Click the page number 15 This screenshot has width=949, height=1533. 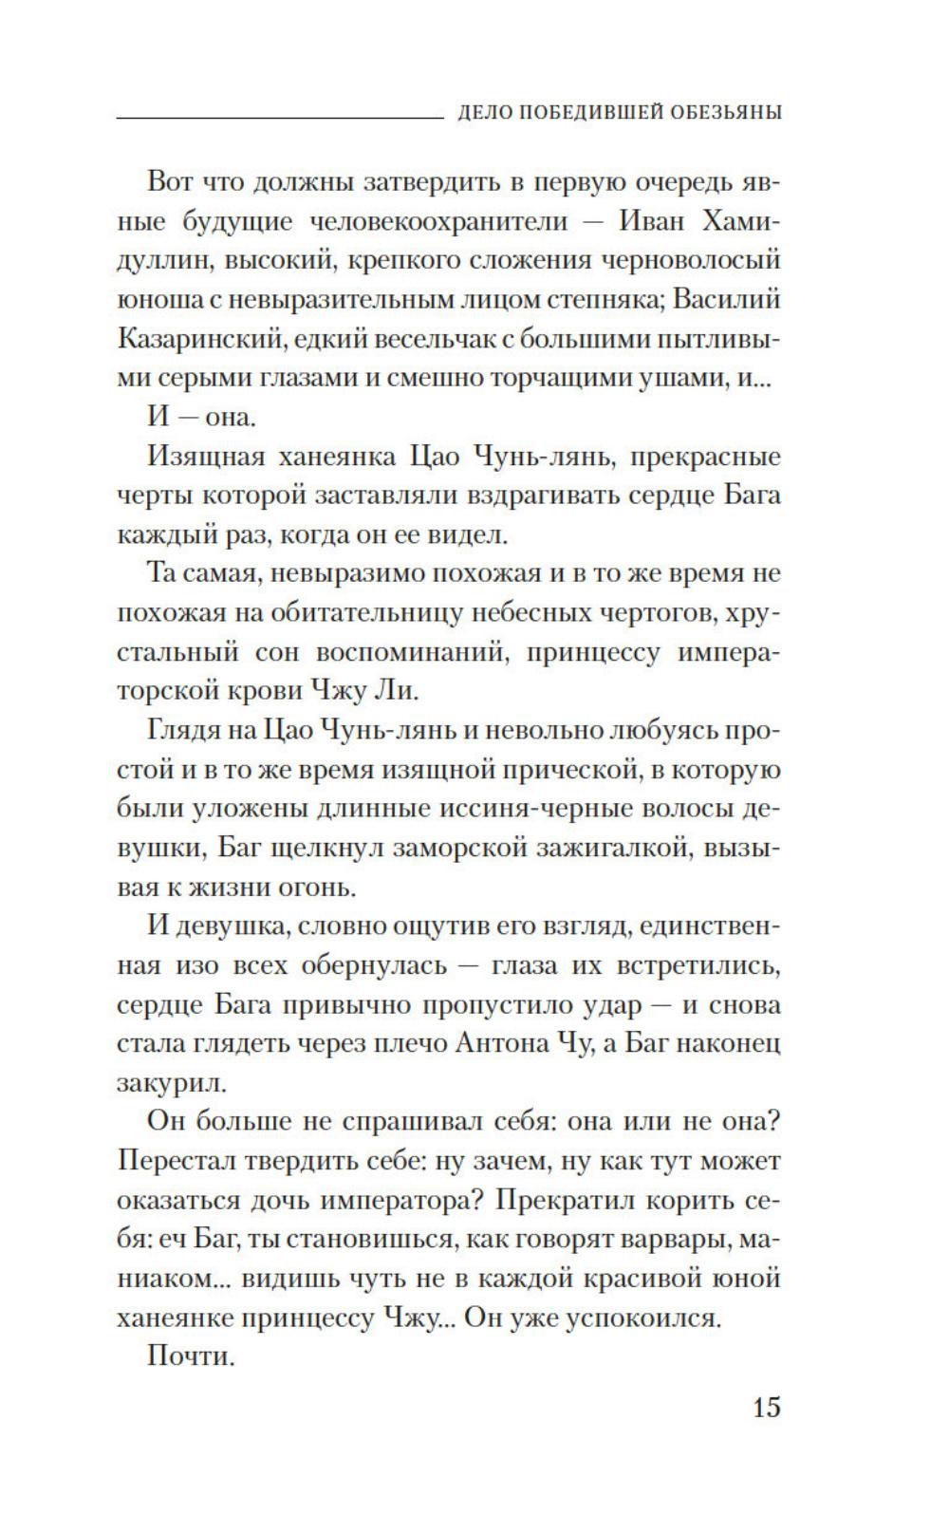coord(766,1406)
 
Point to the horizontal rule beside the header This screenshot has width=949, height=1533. coord(279,117)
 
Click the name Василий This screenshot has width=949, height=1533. coord(732,299)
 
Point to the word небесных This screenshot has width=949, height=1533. coord(497,613)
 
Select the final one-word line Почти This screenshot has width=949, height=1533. coord(190,1356)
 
